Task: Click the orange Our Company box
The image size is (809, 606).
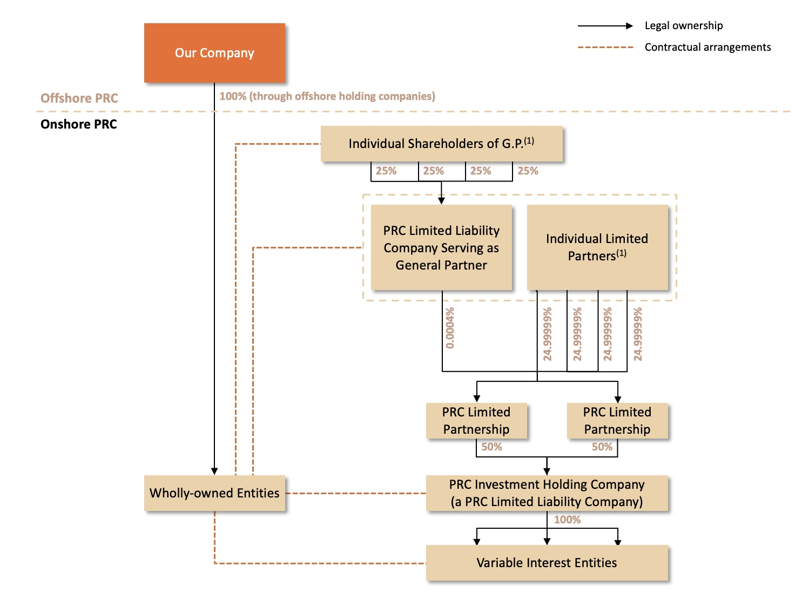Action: (214, 53)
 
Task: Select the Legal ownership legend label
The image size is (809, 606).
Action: (683, 25)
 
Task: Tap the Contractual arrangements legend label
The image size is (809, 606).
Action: (707, 47)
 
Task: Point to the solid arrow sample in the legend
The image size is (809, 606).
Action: (605, 25)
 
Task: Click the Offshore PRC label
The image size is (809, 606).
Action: (79, 98)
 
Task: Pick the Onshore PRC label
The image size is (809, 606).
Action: (79, 124)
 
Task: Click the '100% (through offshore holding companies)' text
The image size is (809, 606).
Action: (327, 96)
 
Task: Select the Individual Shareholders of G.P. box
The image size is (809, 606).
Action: (441, 144)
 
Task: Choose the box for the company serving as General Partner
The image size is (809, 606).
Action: (441, 247)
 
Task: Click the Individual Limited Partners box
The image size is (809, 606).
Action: (597, 247)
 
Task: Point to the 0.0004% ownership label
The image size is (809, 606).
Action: (450, 328)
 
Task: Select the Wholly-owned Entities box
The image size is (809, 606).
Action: (214, 493)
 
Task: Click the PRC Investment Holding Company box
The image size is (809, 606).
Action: (547, 493)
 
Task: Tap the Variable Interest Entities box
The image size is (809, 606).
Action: (547, 563)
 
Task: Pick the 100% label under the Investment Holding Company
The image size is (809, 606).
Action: (567, 520)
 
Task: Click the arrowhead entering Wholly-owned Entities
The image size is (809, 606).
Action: (214, 472)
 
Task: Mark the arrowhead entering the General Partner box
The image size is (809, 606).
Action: (441, 201)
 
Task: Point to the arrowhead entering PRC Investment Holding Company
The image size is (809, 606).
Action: (547, 472)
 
